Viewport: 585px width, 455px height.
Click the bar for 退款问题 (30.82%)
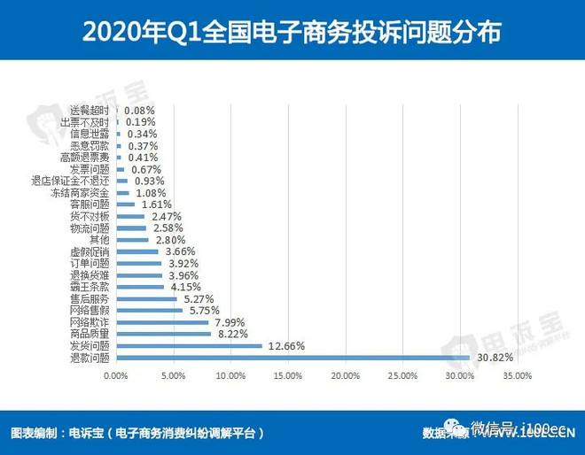click(x=292, y=358)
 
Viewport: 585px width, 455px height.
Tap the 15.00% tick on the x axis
click(x=287, y=376)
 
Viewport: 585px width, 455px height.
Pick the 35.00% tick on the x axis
click(x=516, y=376)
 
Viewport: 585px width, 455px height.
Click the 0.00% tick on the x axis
click(x=116, y=376)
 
